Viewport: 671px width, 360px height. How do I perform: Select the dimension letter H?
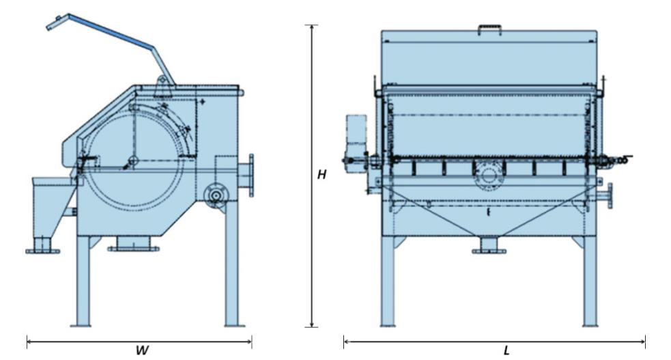tap(322, 175)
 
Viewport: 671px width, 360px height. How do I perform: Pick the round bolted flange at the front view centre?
tap(489, 175)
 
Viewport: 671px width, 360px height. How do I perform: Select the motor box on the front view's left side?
tap(356, 133)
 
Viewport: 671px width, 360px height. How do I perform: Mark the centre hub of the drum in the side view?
tap(132, 161)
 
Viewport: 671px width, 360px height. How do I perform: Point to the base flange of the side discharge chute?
tap(42, 251)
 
